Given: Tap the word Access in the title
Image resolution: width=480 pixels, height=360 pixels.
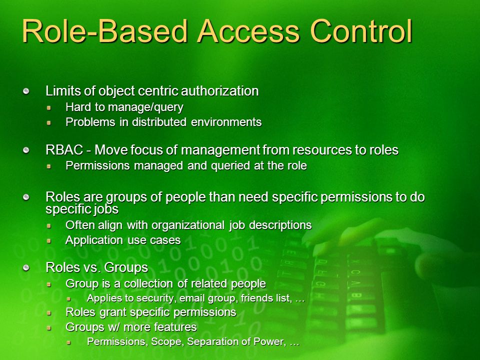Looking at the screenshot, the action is (248, 31).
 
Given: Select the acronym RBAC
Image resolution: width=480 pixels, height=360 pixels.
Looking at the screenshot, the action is (64, 150).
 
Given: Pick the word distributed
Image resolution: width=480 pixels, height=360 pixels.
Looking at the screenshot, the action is (159, 122).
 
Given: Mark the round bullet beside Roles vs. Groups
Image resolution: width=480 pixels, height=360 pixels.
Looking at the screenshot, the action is (26, 268).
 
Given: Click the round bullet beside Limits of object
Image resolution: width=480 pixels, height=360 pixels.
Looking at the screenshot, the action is (26, 91).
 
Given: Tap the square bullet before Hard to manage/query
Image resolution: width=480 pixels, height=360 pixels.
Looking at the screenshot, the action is (48, 108).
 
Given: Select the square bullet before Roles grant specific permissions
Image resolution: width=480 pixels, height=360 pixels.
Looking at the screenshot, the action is (48, 313).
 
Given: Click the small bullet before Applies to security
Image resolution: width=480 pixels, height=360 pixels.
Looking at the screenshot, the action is (69, 298).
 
